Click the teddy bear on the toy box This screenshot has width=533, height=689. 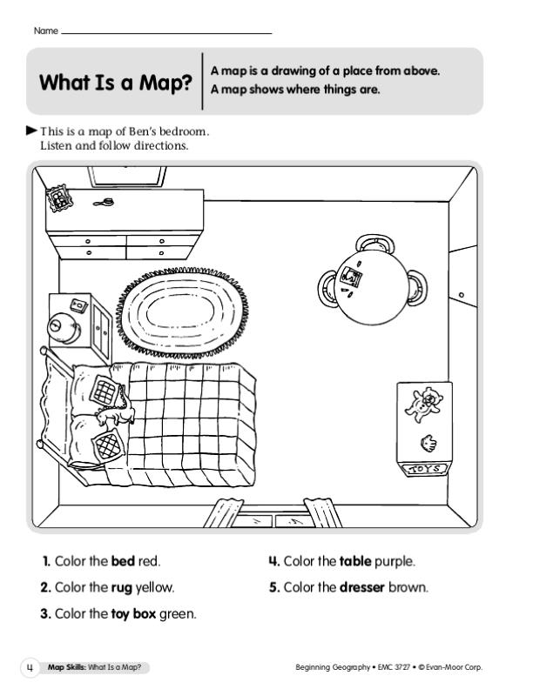pyautogui.click(x=422, y=405)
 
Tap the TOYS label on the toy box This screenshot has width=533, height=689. pyautogui.click(x=425, y=469)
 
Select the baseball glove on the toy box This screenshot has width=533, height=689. pyautogui.click(x=428, y=444)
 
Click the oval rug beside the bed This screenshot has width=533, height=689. pyautogui.click(x=182, y=311)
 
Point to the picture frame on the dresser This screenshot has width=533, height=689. pyautogui.click(x=59, y=197)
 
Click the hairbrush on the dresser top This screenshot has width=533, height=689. pyautogui.click(x=104, y=203)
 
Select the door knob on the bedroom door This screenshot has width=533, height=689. pyautogui.click(x=461, y=295)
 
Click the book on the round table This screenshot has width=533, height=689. pyautogui.click(x=351, y=277)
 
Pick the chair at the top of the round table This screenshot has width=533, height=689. pyautogui.click(x=374, y=242)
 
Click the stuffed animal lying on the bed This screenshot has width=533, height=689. pyautogui.click(x=116, y=414)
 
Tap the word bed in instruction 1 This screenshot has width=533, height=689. pyautogui.click(x=123, y=561)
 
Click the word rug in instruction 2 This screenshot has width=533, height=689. pyautogui.click(x=121, y=588)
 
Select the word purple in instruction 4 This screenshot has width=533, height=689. pyautogui.click(x=394, y=562)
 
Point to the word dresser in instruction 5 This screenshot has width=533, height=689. pyautogui.click(x=362, y=587)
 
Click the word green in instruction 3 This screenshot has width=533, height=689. pyautogui.click(x=177, y=614)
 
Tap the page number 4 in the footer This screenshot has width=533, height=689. pyautogui.click(x=30, y=668)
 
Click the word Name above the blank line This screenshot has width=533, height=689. pyautogui.click(x=46, y=30)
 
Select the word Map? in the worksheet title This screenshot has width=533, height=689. pyautogui.click(x=165, y=82)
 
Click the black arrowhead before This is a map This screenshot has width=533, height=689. pyautogui.click(x=31, y=130)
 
